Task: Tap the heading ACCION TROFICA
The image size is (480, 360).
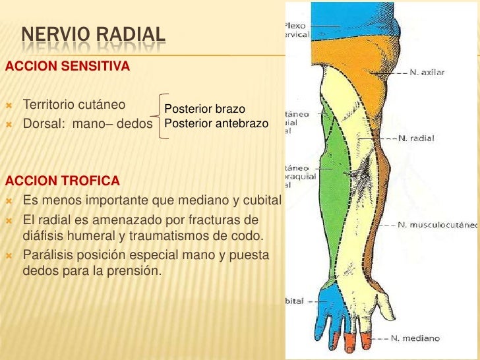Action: pos(63,180)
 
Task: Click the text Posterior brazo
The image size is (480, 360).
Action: pos(204,109)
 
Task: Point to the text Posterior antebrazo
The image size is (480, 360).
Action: pos(216,123)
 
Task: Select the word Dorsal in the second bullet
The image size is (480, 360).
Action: pos(42,123)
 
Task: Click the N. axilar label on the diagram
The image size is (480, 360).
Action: pos(427,73)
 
